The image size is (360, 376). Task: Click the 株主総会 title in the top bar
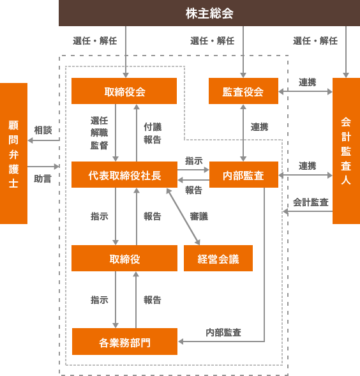coord(209,13)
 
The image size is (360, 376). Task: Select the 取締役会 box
coord(124,91)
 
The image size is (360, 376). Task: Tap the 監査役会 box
coord(243,91)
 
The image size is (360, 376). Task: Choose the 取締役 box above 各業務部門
coord(124,259)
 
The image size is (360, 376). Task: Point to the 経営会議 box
coord(218,259)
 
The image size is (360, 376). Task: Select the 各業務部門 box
coord(124,342)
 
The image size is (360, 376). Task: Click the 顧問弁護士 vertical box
coord(14,153)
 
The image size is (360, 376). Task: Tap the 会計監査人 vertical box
coord(345,151)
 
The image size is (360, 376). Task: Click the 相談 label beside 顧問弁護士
coord(43,130)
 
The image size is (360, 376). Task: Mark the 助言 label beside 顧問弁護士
coord(43,179)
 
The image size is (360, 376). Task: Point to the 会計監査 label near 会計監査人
coord(311,202)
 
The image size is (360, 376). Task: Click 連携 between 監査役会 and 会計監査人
coord(308,82)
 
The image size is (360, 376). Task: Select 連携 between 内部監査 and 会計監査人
coord(308,165)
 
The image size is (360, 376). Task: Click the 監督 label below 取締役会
coord(99,146)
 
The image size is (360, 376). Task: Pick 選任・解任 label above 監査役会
coord(212,41)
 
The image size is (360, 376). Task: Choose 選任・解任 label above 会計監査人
coord(315,41)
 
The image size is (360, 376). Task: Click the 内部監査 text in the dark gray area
coord(223,333)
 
